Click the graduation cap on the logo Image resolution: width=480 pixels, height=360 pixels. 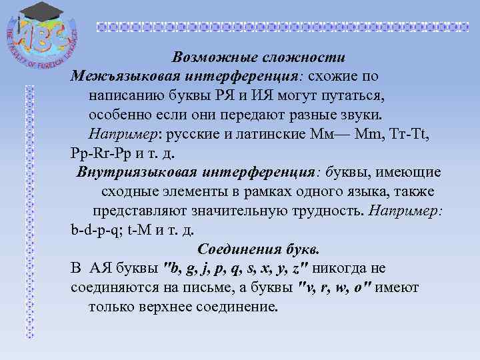click(x=38, y=12)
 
